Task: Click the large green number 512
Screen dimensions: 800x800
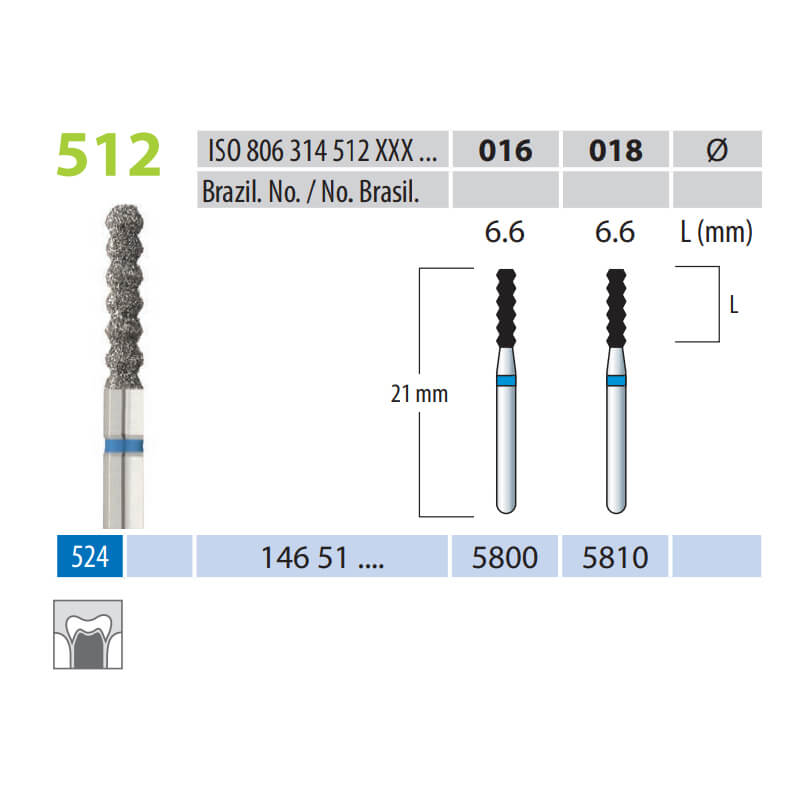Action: click(x=109, y=155)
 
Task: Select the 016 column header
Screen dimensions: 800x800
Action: click(x=505, y=151)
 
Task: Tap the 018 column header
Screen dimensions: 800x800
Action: click(x=615, y=151)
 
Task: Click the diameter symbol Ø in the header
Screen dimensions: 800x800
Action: click(x=717, y=150)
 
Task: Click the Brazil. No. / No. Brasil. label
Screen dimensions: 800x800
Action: click(x=310, y=192)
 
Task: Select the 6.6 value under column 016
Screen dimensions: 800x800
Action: click(x=504, y=232)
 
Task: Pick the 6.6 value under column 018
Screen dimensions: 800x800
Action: click(x=615, y=232)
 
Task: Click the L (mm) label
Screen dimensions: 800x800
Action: click(x=716, y=233)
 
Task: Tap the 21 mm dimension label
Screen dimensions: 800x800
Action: click(x=419, y=394)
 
